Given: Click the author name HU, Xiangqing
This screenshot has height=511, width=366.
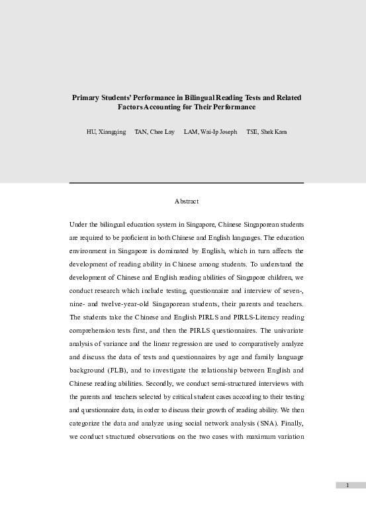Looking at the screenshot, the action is coord(106,132).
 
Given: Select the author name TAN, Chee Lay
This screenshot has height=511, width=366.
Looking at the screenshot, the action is coord(154,132).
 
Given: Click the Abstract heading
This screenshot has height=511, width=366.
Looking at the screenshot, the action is coord(187,200).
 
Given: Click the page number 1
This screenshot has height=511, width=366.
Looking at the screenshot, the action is coord(347,486).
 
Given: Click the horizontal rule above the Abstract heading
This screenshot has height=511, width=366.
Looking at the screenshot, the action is coord(187,182).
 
